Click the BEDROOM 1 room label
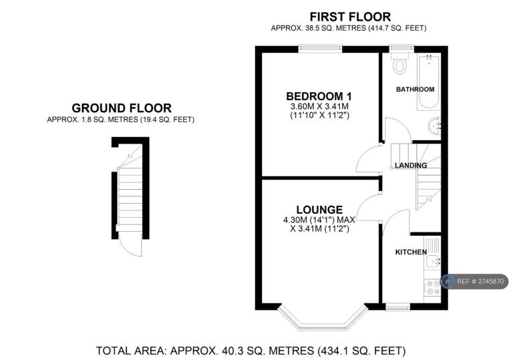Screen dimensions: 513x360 [x=319, y=96]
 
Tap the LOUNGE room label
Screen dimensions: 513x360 [x=319, y=210]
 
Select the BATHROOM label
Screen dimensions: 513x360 [x=415, y=89]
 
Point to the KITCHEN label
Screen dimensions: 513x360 [x=411, y=252]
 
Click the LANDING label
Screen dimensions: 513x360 [x=411, y=165]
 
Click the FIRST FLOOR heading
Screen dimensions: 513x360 [x=350, y=17]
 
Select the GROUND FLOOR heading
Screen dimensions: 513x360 [x=122, y=108]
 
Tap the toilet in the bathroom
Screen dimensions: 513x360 [x=399, y=63]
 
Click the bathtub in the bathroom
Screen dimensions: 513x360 [x=429, y=81]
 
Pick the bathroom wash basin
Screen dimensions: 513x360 [x=435, y=126]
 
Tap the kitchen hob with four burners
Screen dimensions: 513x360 [x=432, y=287]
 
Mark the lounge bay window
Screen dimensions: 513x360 [x=323, y=320]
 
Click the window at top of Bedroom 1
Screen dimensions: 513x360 [x=320, y=49]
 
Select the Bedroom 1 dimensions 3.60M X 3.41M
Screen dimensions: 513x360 [x=319, y=106]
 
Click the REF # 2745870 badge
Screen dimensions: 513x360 [x=474, y=281]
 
